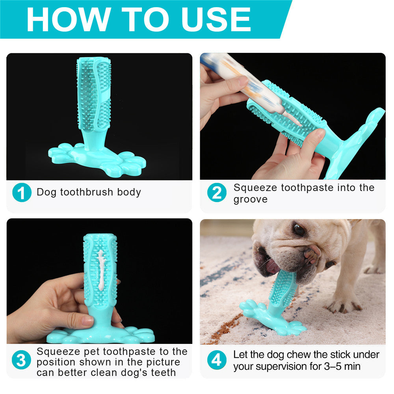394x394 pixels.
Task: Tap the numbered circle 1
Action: pos(21,193)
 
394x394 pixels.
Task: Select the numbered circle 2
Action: pos(217,193)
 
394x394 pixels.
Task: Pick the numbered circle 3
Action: pos(21,361)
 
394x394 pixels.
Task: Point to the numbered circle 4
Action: pos(217,361)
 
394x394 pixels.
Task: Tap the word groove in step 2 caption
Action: pos(250,199)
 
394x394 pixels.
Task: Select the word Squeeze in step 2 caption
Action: pos(255,188)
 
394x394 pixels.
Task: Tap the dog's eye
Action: pos(298,230)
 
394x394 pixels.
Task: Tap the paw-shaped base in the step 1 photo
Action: pos(97,158)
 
